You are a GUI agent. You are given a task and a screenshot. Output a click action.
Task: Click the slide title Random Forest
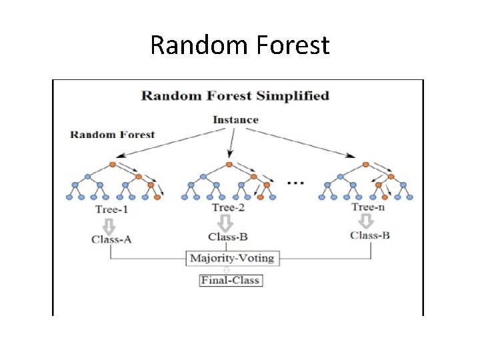coord(240,45)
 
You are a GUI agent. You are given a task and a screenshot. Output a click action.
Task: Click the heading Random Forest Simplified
coord(235,95)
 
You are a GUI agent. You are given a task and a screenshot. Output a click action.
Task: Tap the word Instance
coord(235,120)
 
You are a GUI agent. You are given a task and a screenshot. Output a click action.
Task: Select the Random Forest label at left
coord(112,135)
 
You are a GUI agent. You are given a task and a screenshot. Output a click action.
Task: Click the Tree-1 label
coord(111,209)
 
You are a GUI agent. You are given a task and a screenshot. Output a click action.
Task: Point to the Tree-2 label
coord(228,207)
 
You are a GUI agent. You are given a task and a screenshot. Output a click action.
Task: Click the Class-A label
coord(111,239)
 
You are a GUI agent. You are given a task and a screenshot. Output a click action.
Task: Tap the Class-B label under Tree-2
coord(228,237)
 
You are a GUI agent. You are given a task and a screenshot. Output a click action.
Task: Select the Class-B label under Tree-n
coord(370,235)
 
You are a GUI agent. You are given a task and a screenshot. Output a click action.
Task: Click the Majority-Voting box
coord(232,258)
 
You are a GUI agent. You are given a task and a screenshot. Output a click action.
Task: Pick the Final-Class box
coord(231,280)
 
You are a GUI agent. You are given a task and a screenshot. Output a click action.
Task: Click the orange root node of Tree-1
coord(113,164)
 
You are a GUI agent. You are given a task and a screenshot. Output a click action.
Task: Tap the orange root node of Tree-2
coord(229,164)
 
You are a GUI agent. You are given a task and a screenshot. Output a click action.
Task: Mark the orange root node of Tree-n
coord(366,164)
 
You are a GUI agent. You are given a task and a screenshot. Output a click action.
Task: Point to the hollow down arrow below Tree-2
coord(226,222)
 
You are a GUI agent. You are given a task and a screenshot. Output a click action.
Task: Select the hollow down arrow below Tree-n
coord(365,221)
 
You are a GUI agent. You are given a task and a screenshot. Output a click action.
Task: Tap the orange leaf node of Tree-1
coord(157,197)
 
